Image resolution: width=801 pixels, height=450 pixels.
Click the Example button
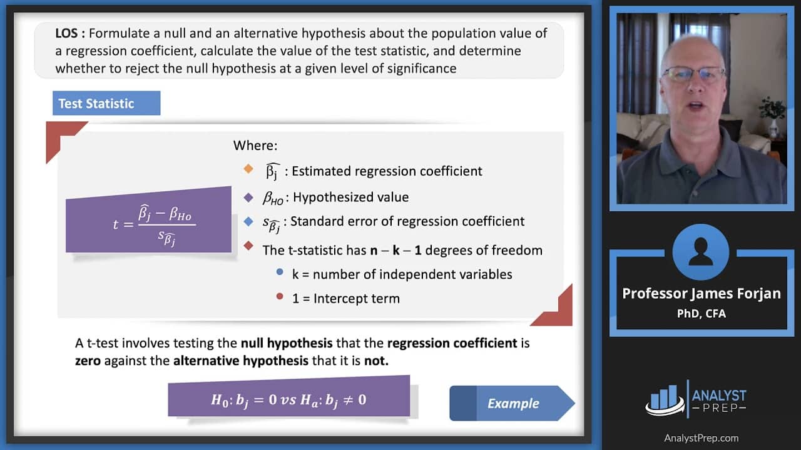click(513, 403)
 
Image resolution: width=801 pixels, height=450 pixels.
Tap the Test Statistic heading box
click(106, 103)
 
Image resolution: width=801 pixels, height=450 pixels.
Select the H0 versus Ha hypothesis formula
click(288, 399)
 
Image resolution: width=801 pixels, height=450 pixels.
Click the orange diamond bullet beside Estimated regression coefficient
click(248, 169)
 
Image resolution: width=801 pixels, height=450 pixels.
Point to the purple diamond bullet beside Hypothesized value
click(248, 197)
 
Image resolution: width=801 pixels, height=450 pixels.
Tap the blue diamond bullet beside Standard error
click(248, 221)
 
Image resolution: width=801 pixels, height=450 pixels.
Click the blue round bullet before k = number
click(279, 272)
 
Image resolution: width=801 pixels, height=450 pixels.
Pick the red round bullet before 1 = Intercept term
click(279, 297)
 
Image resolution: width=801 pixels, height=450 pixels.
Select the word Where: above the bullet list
click(255, 146)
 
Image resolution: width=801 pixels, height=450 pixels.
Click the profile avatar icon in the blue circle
click(701, 252)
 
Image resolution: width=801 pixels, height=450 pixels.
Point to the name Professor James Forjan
click(701, 294)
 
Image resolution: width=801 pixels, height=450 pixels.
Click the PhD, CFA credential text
click(701, 314)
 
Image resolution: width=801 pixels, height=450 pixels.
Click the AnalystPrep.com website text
click(701, 437)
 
